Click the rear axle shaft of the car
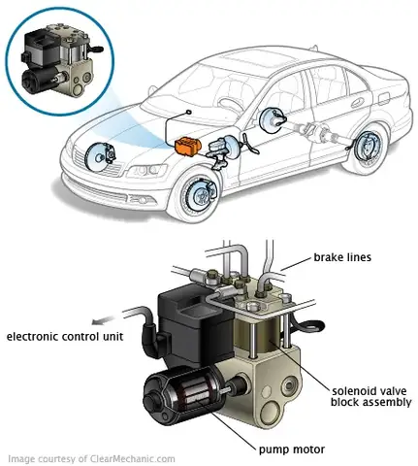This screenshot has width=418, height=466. click(325, 136)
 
